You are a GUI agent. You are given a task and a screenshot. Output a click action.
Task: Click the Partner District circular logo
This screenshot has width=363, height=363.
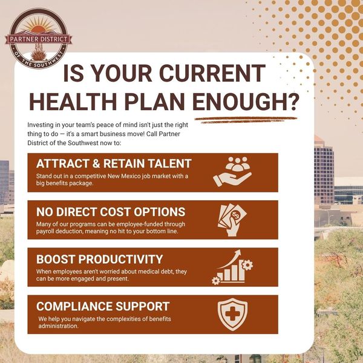coord(39,39)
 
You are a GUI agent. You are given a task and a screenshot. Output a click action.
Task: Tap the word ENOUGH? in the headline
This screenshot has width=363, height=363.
coord(245,102)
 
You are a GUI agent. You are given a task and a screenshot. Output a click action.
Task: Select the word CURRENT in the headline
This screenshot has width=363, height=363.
coord(212,73)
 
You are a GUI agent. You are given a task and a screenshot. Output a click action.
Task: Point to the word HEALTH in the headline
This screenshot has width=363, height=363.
coord(73,102)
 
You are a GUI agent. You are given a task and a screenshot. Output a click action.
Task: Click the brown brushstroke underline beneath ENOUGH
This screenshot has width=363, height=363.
coord(246,120)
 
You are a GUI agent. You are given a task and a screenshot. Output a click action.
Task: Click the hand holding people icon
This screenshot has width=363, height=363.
coord(232,172)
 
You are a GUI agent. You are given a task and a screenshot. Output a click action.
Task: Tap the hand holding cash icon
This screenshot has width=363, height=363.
coord(232,220)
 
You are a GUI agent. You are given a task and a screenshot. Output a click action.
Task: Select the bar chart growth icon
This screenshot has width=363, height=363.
coord(232,267)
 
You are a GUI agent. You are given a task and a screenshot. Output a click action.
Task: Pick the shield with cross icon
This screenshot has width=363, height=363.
coord(232,314)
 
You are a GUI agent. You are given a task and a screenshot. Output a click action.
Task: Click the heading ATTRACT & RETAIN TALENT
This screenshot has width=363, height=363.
coord(114,163)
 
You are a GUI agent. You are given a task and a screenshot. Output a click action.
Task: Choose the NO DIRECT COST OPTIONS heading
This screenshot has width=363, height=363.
coord(111,212)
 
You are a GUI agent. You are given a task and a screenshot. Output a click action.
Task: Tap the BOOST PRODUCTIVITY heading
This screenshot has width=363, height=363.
coord(100,259)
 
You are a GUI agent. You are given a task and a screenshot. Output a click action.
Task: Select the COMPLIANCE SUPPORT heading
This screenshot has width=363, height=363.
coord(103,306)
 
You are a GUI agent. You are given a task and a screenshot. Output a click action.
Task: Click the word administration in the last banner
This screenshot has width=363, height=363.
coord(58,326)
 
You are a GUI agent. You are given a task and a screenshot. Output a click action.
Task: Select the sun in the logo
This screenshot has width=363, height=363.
coord(39,28)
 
